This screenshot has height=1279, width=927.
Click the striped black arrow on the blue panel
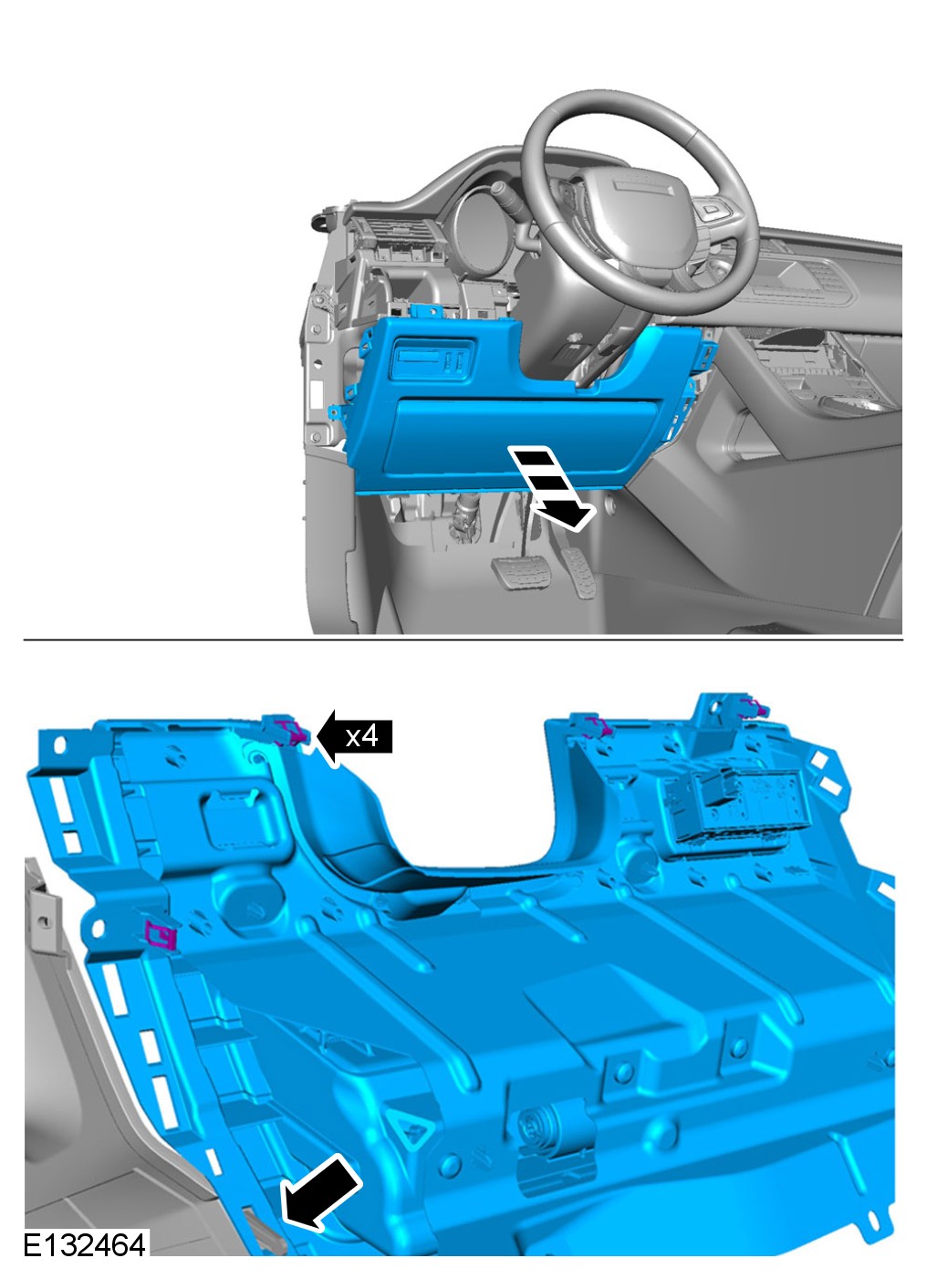(x=550, y=489)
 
